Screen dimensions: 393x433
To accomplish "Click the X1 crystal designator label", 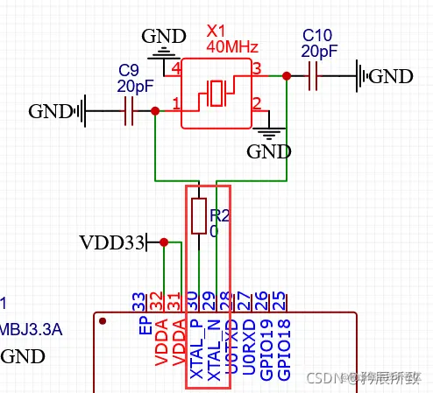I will pyautogui.click(x=216, y=32).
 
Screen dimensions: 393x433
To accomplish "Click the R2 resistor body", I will pyautogui.click(x=199, y=215).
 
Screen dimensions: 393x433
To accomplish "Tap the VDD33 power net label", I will pyautogui.click(x=111, y=242).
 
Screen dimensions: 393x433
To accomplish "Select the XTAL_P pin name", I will pyautogui.click(x=195, y=350).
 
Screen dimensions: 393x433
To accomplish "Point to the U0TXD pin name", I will pyautogui.click(x=232, y=347).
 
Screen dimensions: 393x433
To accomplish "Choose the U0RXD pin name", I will pyautogui.click(x=249, y=347).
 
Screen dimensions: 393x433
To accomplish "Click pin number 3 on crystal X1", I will pyautogui.click(x=257, y=68).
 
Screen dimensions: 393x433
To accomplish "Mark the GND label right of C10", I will pyautogui.click(x=390, y=76).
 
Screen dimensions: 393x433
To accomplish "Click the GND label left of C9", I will pyautogui.click(x=50, y=111).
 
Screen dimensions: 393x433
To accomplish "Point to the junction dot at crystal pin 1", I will pyautogui.click(x=155, y=111).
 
